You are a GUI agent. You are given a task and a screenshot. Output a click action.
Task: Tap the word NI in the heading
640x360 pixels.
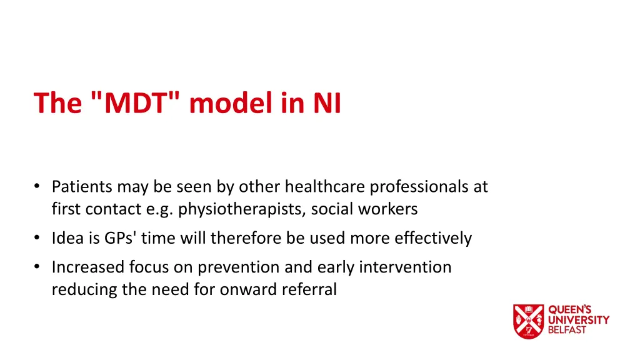click(x=327, y=103)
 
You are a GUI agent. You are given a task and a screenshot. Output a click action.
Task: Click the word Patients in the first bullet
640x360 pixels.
click(x=82, y=186)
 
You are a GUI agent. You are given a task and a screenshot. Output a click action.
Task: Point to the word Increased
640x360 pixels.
click(x=88, y=267)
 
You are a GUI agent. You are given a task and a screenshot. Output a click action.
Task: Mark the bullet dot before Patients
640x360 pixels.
click(x=39, y=186)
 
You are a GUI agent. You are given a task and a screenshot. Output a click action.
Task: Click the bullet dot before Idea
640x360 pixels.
click(x=39, y=238)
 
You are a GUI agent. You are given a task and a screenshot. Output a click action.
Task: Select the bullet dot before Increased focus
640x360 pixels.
click(x=39, y=267)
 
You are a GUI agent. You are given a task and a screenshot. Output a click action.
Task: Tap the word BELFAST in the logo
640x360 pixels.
click(x=567, y=330)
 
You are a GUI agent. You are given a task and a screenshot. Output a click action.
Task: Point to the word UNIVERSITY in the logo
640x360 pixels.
click(x=579, y=320)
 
